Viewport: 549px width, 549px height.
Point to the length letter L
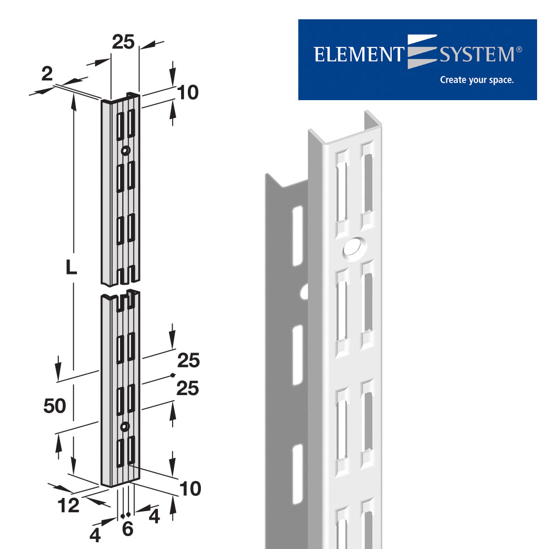[71, 267]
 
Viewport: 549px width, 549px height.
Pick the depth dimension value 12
[69, 505]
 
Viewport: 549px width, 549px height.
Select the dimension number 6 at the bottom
[127, 529]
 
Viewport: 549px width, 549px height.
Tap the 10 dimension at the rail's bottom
[190, 488]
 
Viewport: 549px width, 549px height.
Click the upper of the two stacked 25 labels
[188, 361]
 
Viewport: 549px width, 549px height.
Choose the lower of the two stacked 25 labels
[188, 389]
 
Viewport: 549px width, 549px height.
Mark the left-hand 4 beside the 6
[95, 534]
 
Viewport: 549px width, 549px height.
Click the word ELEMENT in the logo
[358, 55]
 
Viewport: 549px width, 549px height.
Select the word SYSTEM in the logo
[477, 55]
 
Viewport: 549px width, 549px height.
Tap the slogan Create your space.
[477, 80]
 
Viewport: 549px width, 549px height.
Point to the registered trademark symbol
[519, 50]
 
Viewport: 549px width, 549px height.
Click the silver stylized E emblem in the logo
[421, 52]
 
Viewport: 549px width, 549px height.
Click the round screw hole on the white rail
[353, 247]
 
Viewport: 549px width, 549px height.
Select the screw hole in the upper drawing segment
[125, 151]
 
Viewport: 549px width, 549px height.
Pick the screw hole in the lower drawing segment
[125, 426]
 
